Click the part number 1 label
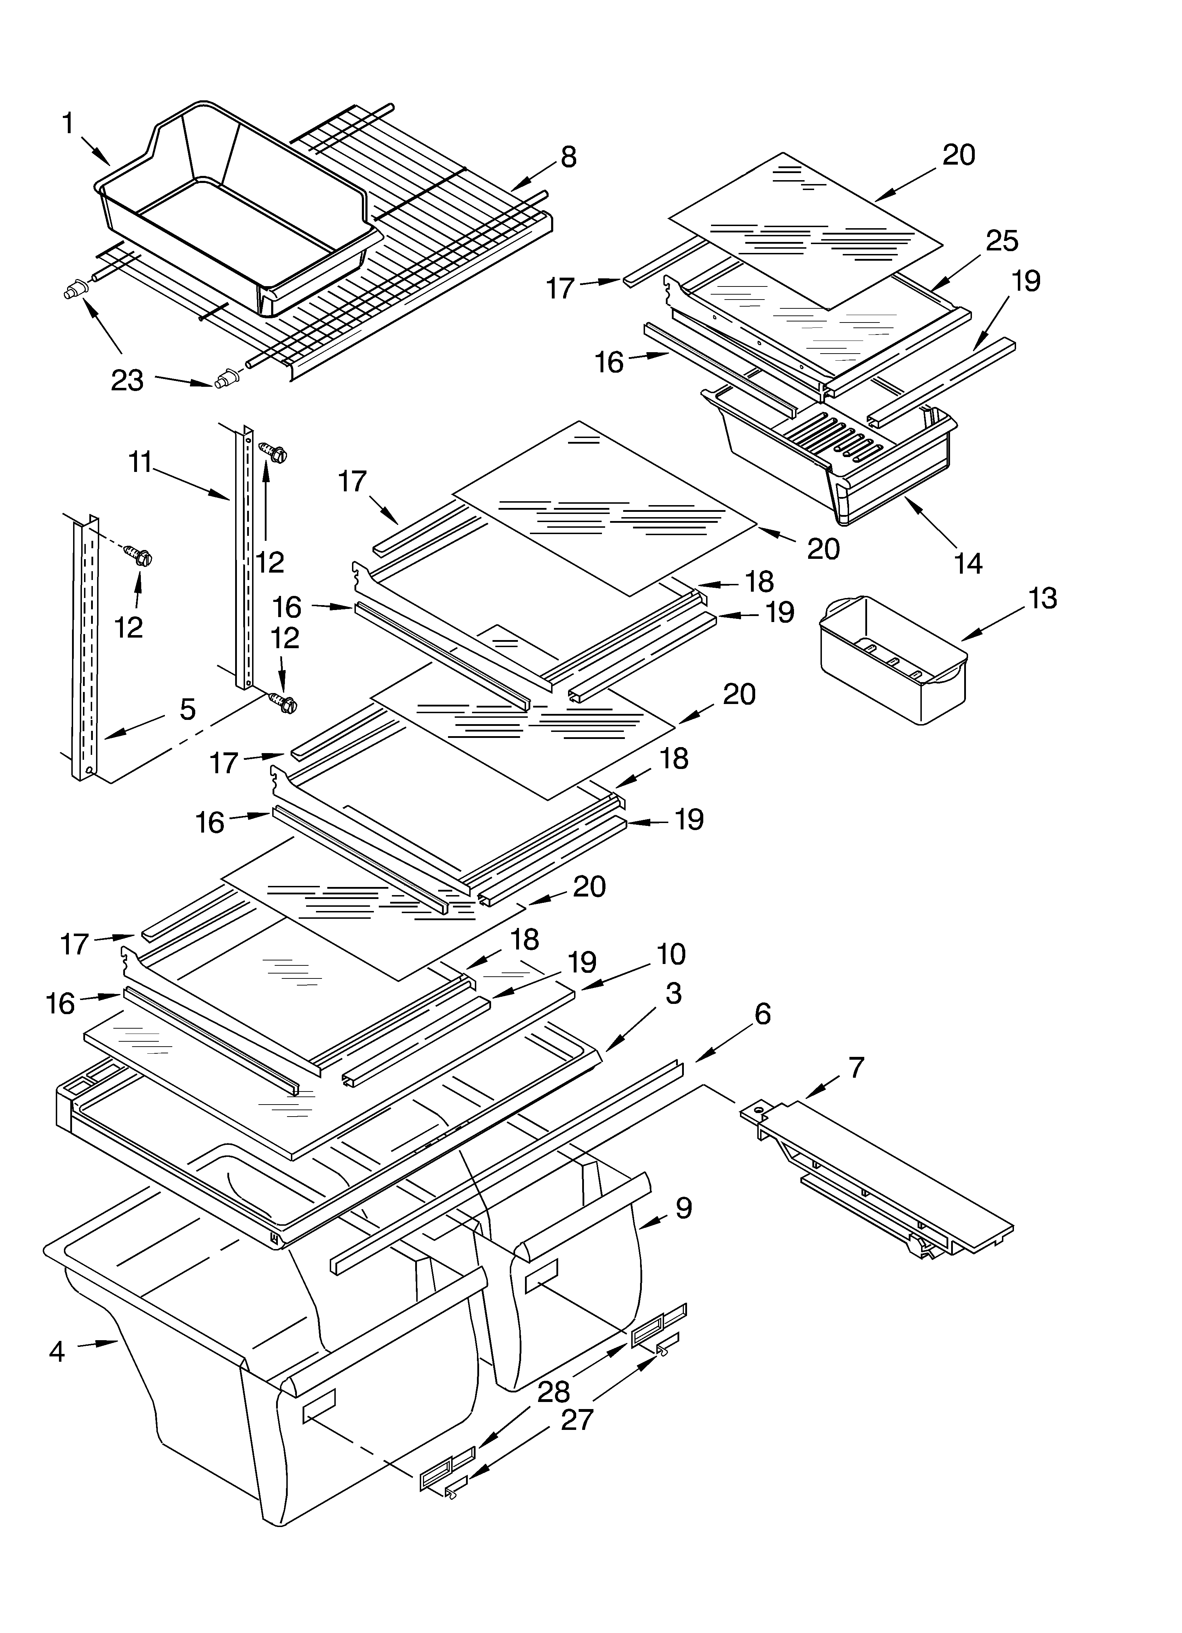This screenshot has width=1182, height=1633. point(68,124)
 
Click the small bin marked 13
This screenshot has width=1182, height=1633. point(893,659)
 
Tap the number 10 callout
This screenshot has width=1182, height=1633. point(671,954)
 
